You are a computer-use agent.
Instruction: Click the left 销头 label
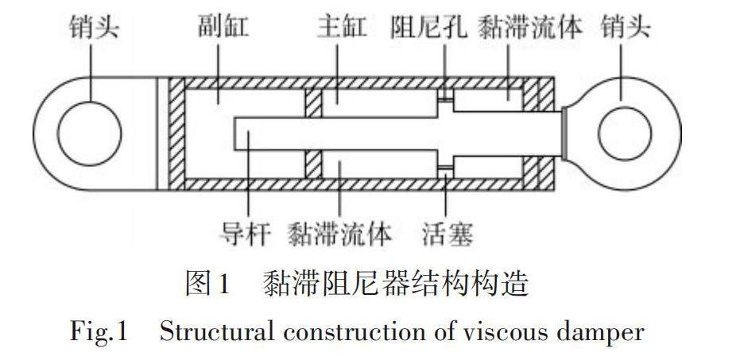[x=94, y=28]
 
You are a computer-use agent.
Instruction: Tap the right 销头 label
[x=626, y=28]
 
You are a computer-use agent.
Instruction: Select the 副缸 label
[x=223, y=28]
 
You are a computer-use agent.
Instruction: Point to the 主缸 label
[x=342, y=28]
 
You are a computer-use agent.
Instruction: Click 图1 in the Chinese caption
[x=207, y=283]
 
